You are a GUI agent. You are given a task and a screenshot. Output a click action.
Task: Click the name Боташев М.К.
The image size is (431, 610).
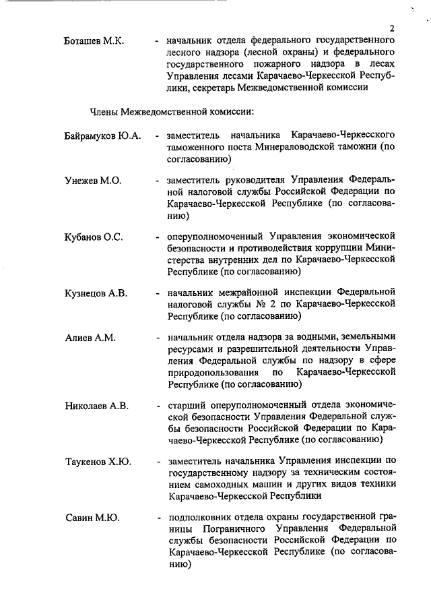click(x=95, y=41)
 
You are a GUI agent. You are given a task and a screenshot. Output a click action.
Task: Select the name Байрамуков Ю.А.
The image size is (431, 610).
click(x=103, y=135)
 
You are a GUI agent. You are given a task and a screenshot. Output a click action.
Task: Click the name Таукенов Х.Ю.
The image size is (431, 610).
click(x=98, y=462)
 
